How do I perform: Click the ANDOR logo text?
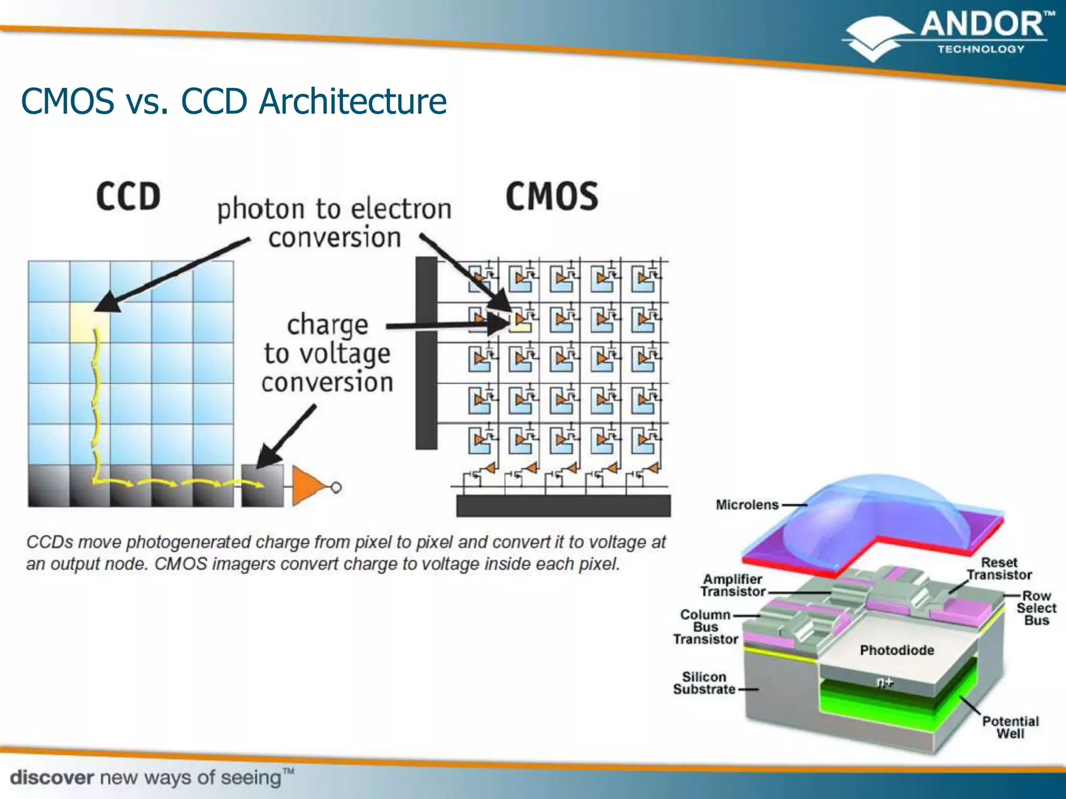(x=983, y=25)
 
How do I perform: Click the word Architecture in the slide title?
(x=353, y=101)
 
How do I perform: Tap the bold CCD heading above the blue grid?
(x=128, y=197)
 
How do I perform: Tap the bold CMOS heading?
(x=552, y=197)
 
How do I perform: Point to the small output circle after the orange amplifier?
(x=336, y=487)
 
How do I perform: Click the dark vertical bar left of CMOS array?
(x=426, y=354)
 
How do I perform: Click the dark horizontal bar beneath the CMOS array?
(x=563, y=506)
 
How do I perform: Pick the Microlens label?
(x=747, y=505)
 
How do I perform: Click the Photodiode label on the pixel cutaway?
(x=897, y=650)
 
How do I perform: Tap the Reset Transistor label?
(x=999, y=569)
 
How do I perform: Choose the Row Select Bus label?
(x=1036, y=608)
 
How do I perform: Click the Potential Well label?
(x=1010, y=727)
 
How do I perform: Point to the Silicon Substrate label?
(x=704, y=683)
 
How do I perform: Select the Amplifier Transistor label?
(x=732, y=585)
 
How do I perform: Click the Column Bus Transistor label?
(x=706, y=627)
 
